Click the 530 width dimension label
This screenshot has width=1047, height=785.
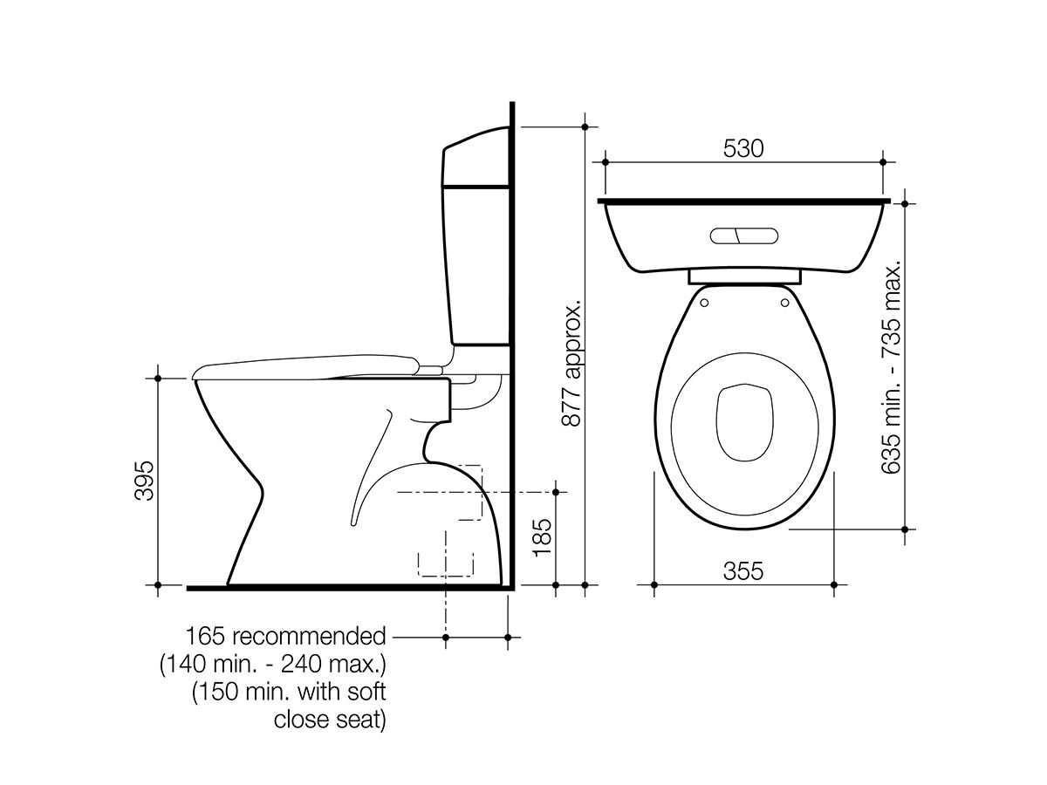(743, 148)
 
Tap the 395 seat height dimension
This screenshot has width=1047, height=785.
(144, 481)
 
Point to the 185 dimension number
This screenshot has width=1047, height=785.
(542, 538)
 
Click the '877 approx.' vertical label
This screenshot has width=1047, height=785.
(571, 365)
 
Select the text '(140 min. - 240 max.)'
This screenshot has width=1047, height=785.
(272, 665)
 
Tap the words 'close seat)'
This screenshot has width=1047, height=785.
(330, 720)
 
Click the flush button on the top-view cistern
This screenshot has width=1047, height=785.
(743, 235)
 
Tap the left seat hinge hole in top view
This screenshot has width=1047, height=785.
(703, 304)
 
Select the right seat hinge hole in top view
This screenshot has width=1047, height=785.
(784, 304)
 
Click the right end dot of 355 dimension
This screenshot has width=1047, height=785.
(832, 584)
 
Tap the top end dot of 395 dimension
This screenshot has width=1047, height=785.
(158, 378)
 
